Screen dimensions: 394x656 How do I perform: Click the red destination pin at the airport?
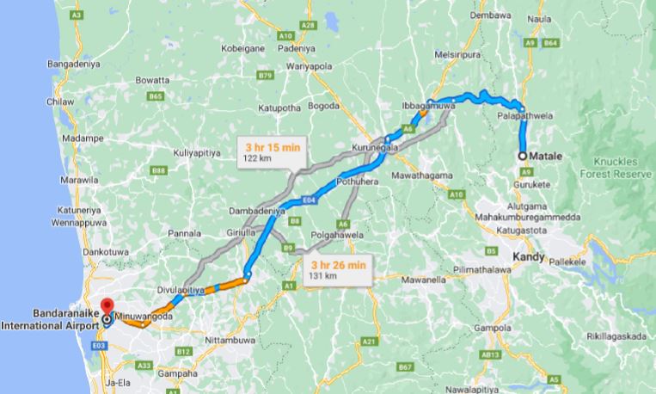[x=107, y=307]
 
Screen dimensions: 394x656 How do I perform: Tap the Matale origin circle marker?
[x=523, y=156]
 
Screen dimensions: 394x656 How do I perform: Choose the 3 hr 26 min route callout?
[x=338, y=270]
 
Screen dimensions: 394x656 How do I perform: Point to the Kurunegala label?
[x=377, y=148]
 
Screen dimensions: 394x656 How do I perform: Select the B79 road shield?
[x=266, y=75]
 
